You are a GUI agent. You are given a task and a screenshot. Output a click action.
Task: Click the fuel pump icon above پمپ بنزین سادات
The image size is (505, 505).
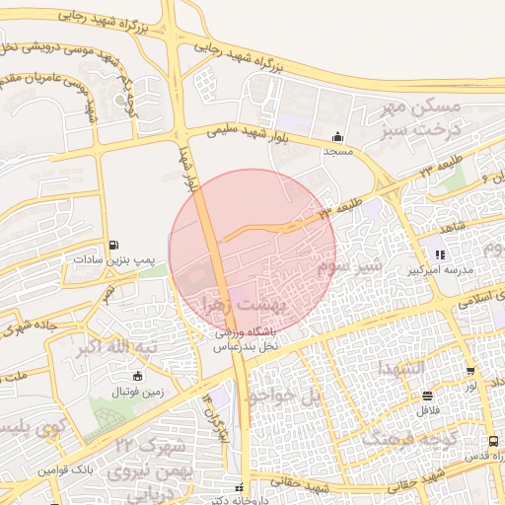(x=115, y=245)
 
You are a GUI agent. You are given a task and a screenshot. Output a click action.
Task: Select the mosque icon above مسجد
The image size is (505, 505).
(x=338, y=137)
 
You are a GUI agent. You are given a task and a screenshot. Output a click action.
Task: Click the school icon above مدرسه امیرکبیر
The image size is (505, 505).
(x=440, y=254)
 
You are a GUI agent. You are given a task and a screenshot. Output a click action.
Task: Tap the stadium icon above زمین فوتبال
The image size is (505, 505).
(x=136, y=376)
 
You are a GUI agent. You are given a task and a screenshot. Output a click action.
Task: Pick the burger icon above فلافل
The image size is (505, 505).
(x=428, y=394)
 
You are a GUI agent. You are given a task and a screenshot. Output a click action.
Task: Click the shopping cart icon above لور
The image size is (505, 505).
(x=470, y=372)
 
